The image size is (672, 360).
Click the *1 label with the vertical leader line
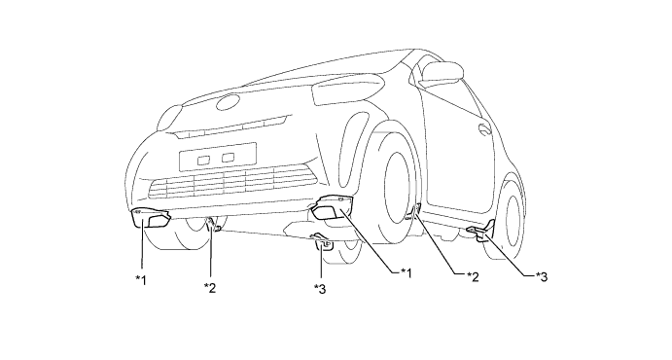pyautogui.click(x=141, y=280)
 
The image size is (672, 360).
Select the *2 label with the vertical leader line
pyautogui.click(x=210, y=288)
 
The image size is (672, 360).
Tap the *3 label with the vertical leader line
pyautogui.click(x=320, y=289)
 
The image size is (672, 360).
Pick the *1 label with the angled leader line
pyautogui.click(x=406, y=272)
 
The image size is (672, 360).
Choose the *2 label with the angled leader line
pyautogui.click(x=473, y=276)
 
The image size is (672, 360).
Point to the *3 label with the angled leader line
pyautogui.click(x=542, y=276)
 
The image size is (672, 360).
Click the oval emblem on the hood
pyautogui.click(x=230, y=102)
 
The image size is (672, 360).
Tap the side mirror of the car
pyautogui.click(x=442, y=72)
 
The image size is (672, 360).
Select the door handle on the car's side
pyautogui.click(x=485, y=127)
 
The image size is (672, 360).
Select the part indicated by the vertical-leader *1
pyautogui.click(x=151, y=218)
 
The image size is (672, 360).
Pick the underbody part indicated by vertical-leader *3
pyautogui.click(x=323, y=241)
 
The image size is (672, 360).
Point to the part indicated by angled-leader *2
pyautogui.click(x=414, y=212)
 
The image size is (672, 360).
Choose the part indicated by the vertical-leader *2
pyautogui.click(x=213, y=224)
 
